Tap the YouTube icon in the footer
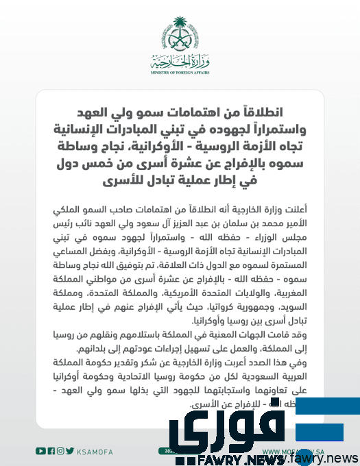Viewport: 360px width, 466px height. click(40, 450)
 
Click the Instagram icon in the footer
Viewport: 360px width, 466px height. click(61, 450)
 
